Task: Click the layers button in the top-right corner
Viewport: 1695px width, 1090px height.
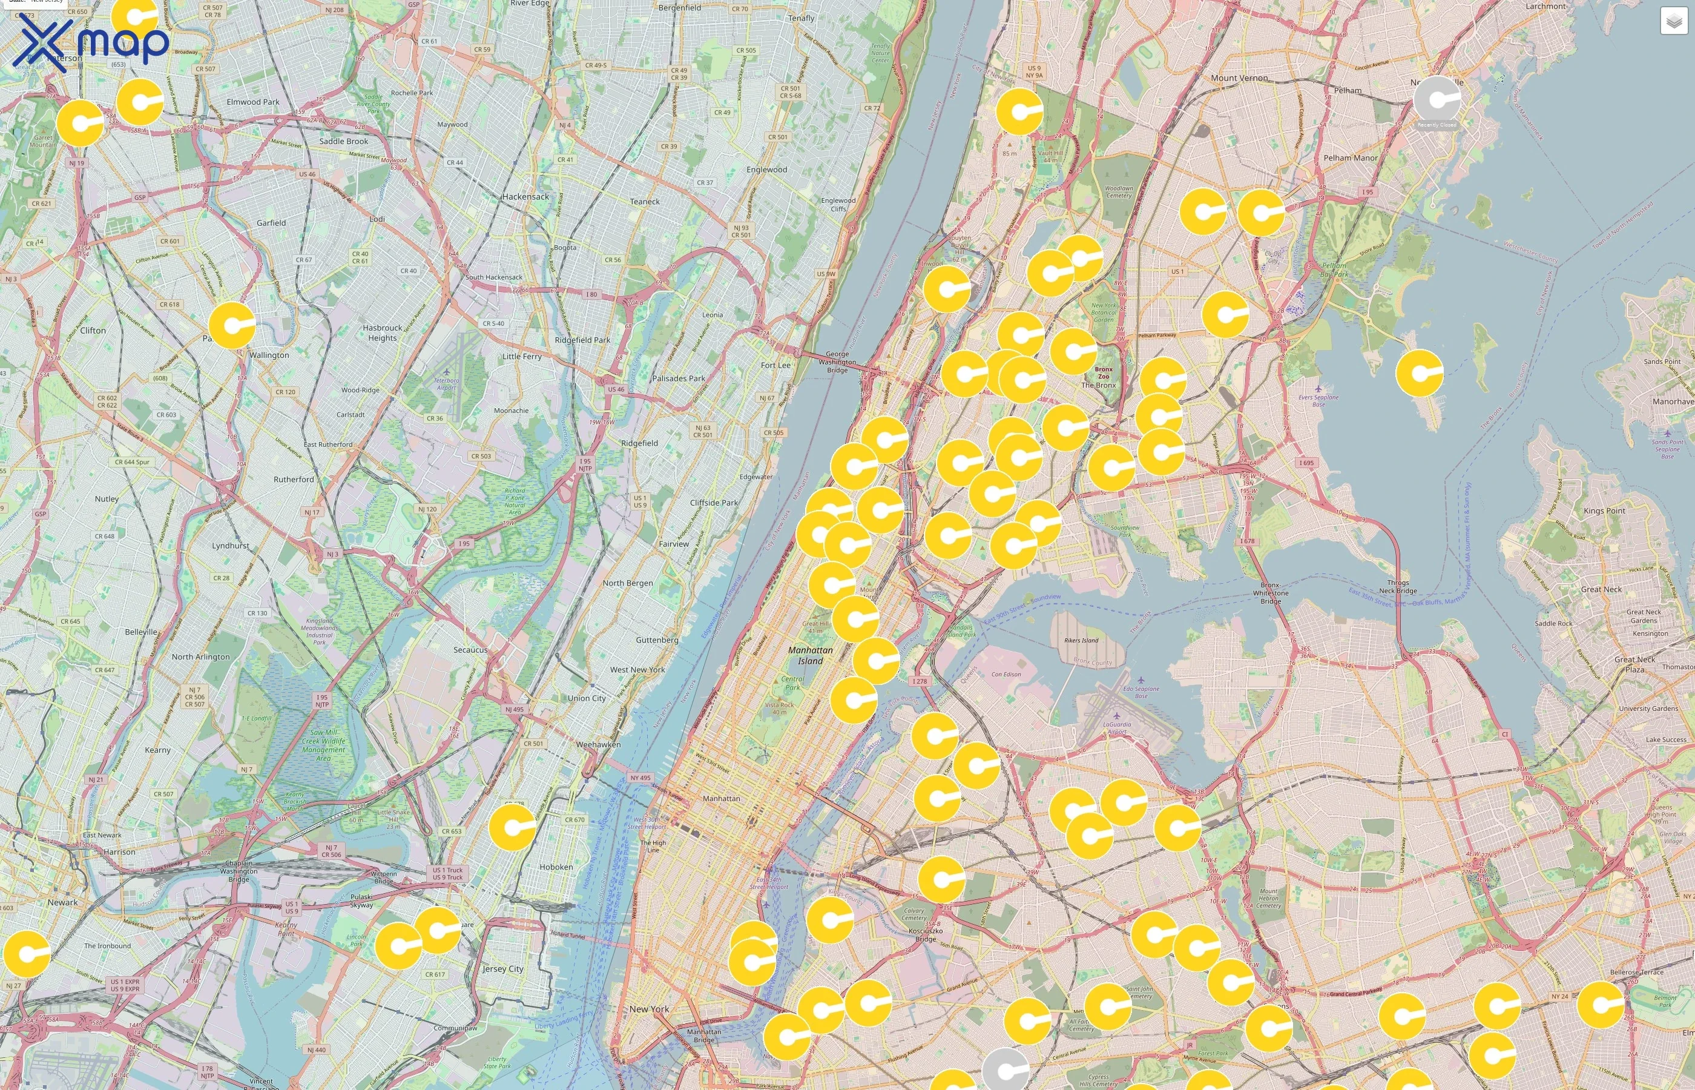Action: pyautogui.click(x=1673, y=21)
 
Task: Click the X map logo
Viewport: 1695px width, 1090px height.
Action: pyautogui.click(x=91, y=44)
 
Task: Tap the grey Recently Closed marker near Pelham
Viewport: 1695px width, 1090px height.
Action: pyautogui.click(x=1437, y=101)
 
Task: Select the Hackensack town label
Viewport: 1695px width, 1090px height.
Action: pyautogui.click(x=525, y=197)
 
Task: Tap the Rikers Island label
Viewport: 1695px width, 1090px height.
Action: pyautogui.click(x=1081, y=641)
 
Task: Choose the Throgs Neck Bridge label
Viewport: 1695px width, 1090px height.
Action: pyautogui.click(x=1397, y=587)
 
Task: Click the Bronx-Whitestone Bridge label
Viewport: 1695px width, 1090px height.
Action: pyautogui.click(x=1270, y=593)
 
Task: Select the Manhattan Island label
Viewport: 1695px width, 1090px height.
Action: pyautogui.click(x=810, y=655)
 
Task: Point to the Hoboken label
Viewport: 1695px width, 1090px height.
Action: pyautogui.click(x=556, y=867)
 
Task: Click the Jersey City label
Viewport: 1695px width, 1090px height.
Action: pyautogui.click(x=503, y=969)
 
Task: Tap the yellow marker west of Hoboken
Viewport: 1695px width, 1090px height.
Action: pyautogui.click(x=512, y=827)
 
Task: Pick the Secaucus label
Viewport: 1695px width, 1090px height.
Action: pyautogui.click(x=470, y=650)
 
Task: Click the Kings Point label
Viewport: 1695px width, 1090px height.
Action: pyautogui.click(x=1604, y=511)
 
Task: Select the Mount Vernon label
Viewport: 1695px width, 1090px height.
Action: pyautogui.click(x=1239, y=79)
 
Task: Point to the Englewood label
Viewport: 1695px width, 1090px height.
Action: pyautogui.click(x=766, y=170)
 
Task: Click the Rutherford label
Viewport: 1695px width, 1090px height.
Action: pyautogui.click(x=294, y=480)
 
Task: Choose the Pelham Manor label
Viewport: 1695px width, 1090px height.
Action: pyautogui.click(x=1350, y=159)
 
